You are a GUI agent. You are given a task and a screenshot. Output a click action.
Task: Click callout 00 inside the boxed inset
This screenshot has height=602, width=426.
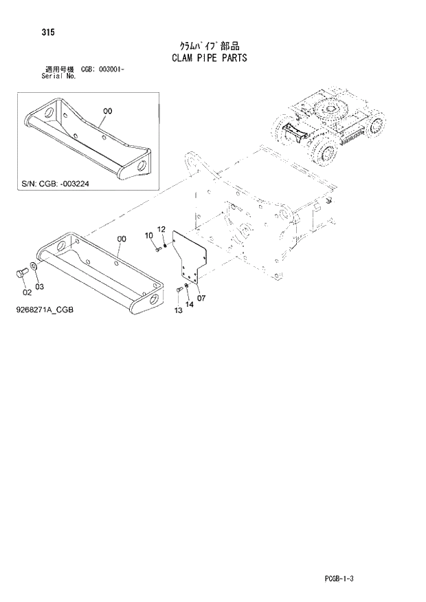tap(107, 110)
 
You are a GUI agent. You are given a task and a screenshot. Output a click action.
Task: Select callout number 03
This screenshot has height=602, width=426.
tap(39, 286)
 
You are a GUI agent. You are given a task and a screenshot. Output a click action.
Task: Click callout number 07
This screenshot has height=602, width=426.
tap(201, 298)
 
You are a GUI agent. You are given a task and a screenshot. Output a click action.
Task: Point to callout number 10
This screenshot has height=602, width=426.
tap(148, 236)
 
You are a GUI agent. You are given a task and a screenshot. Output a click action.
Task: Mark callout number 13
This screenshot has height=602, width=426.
tap(178, 311)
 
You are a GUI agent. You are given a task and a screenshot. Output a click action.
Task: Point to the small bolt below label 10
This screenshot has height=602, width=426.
tap(157, 249)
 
